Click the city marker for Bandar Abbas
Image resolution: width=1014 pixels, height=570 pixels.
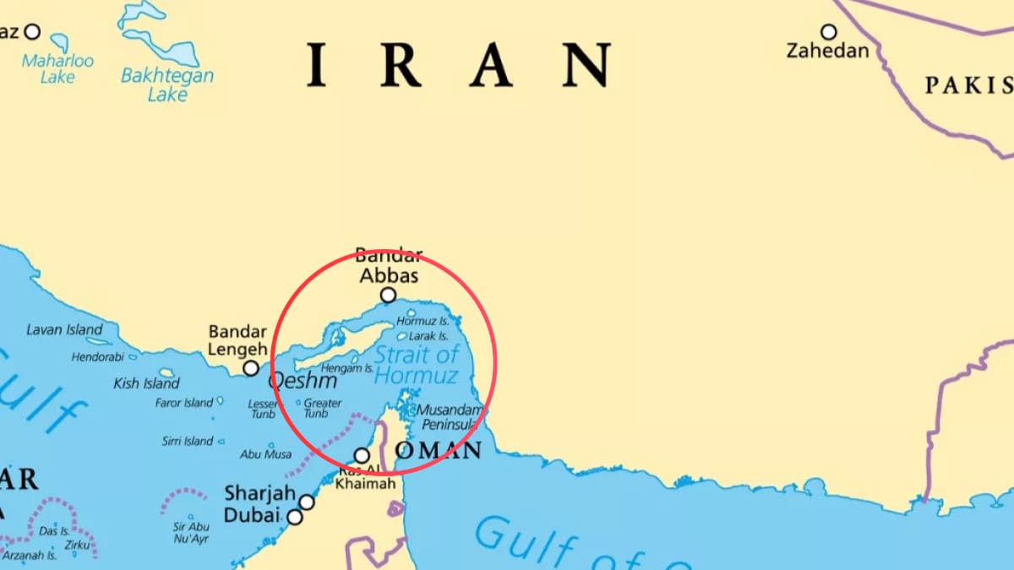click(388, 295)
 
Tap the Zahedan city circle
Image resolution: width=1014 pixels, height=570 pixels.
click(828, 32)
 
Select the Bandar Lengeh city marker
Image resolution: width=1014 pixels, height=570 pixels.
click(251, 368)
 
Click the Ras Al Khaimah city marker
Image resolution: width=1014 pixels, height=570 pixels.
click(362, 455)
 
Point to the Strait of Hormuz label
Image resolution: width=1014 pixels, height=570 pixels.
click(417, 365)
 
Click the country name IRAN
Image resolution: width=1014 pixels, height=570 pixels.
click(458, 65)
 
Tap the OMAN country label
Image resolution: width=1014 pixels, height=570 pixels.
click(438, 450)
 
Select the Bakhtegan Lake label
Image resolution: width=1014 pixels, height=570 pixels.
click(167, 84)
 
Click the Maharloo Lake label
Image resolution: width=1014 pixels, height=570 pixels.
click(58, 68)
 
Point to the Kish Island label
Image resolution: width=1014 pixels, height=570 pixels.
click(146, 383)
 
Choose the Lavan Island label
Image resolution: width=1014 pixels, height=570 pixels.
click(64, 329)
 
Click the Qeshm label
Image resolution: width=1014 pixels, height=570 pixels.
click(302, 382)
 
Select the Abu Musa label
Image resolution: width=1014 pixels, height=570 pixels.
click(265, 454)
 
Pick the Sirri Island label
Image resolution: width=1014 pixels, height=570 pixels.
click(188, 441)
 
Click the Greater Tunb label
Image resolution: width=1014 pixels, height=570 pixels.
click(322, 409)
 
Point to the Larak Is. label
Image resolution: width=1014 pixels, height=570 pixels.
click(428, 336)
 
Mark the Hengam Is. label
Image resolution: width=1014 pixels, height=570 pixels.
click(347, 369)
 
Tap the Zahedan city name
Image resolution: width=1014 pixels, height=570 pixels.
click(827, 52)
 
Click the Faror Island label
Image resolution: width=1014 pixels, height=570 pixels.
click(183, 403)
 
